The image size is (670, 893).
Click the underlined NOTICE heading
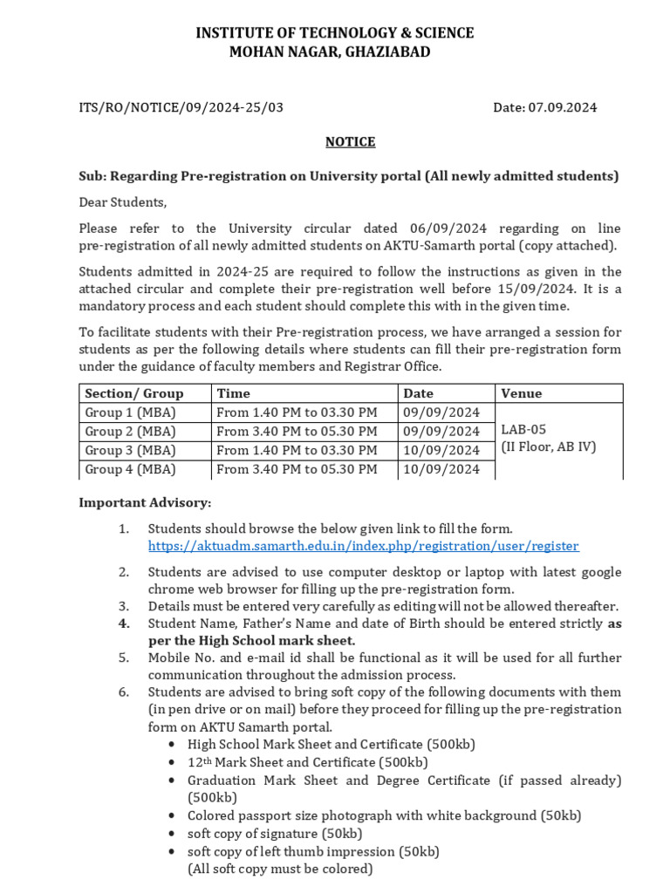click(x=350, y=141)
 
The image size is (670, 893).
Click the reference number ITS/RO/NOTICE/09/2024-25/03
click(x=181, y=107)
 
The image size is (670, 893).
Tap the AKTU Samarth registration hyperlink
click(x=363, y=546)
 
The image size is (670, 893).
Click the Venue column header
click(x=521, y=393)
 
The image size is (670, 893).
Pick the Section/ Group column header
click(x=134, y=393)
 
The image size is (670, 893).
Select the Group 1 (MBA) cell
click(x=130, y=412)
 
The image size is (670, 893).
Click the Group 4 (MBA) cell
click(x=130, y=469)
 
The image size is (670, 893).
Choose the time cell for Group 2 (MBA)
click(x=297, y=432)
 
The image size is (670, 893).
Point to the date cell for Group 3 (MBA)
click(x=441, y=450)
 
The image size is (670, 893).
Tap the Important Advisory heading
click(x=145, y=503)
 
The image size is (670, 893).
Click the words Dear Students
click(x=122, y=202)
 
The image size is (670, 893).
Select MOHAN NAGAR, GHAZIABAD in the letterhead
click(x=329, y=52)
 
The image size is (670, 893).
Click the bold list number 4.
click(x=124, y=624)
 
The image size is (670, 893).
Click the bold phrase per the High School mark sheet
click(x=251, y=640)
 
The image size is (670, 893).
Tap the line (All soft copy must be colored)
click(x=280, y=869)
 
